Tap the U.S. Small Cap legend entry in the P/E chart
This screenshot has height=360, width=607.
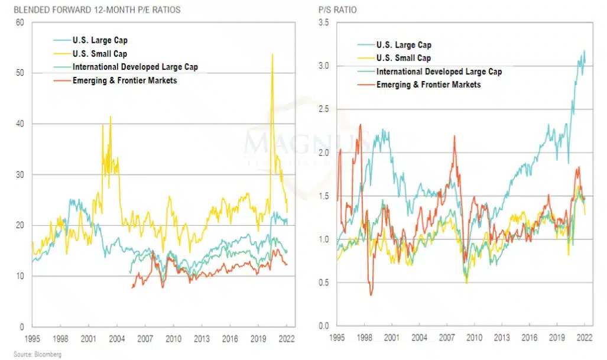[x=100, y=54]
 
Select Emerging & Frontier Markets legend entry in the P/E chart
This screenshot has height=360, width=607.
[x=124, y=80]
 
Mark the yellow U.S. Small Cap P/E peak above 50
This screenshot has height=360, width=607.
[x=272, y=54]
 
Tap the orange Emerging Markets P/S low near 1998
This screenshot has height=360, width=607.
[x=371, y=294]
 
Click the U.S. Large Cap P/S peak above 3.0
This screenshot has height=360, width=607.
[x=585, y=51]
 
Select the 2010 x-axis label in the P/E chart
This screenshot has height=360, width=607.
[x=173, y=339]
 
